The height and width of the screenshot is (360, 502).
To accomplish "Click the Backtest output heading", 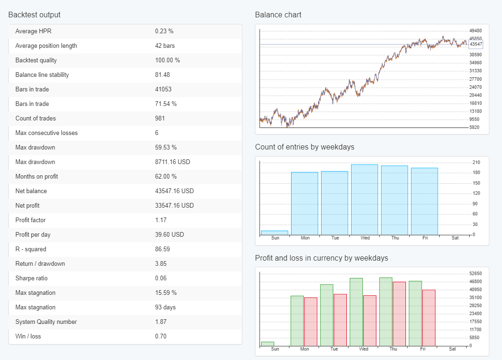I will pyautogui.click(x=34, y=15).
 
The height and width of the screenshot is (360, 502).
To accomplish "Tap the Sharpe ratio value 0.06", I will pyautogui.click(x=161, y=278).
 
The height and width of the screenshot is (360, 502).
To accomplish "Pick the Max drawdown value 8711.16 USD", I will pyautogui.click(x=174, y=162).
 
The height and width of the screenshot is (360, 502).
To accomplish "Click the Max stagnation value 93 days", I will pyautogui.click(x=166, y=307).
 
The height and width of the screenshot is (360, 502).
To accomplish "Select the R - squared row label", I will pyautogui.click(x=31, y=249).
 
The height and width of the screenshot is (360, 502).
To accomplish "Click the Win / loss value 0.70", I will pyautogui.click(x=161, y=336).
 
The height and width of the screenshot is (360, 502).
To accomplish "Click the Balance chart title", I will pyautogui.click(x=278, y=15).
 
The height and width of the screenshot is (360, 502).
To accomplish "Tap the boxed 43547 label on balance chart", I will pyautogui.click(x=476, y=45).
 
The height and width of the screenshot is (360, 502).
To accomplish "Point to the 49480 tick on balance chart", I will pyautogui.click(x=475, y=30).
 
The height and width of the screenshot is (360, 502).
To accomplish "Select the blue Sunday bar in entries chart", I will pyautogui.click(x=275, y=232).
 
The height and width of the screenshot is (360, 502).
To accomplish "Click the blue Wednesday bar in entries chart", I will pyautogui.click(x=365, y=199).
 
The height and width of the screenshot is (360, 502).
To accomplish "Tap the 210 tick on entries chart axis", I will pyautogui.click(x=476, y=163).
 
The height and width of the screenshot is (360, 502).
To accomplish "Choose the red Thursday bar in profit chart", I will pyautogui.click(x=399, y=314).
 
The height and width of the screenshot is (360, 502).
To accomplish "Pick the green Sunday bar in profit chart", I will pyautogui.click(x=267, y=344).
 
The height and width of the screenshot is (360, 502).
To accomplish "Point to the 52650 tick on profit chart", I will pyautogui.click(x=475, y=273).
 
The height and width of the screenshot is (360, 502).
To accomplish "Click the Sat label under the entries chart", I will pyautogui.click(x=454, y=238).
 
